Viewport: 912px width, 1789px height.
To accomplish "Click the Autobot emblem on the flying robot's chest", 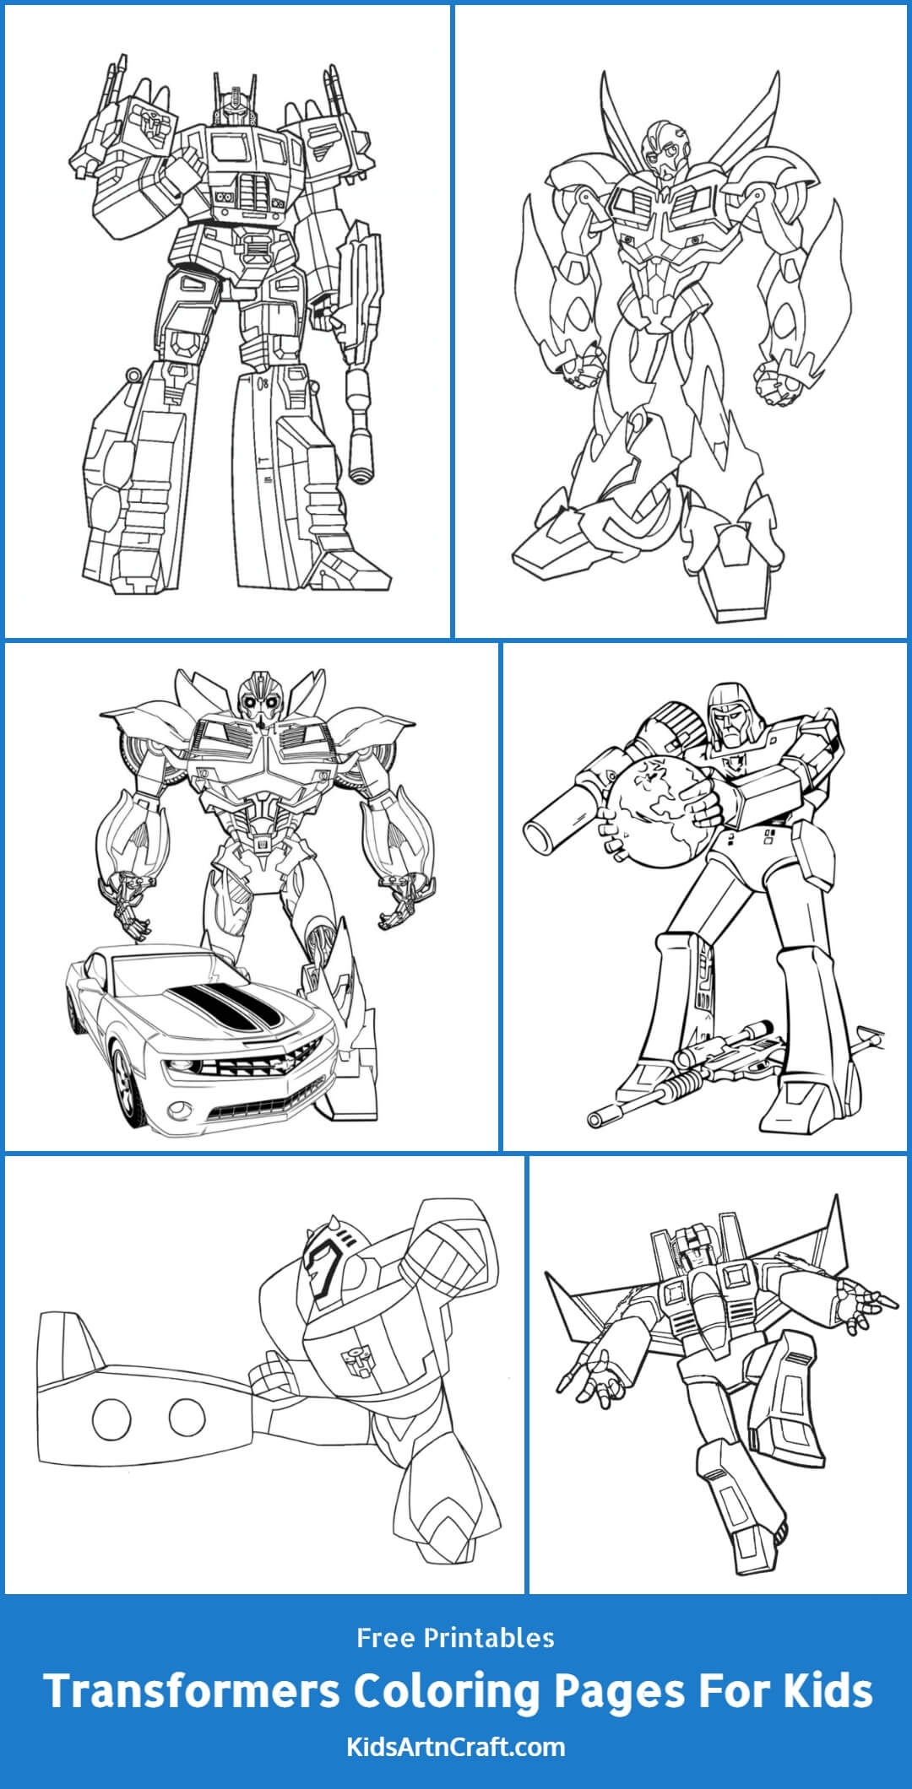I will point(351,1356).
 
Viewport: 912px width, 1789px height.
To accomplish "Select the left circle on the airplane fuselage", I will point(111,1419).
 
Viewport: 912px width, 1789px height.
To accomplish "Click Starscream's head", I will point(688,1252).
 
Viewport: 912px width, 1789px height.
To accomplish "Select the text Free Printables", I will point(455,1638).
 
